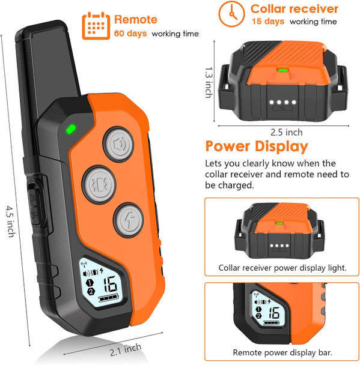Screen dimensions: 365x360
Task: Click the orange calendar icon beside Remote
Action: (x=95, y=25)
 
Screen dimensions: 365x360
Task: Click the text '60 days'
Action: (x=130, y=33)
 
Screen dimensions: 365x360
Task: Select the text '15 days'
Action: (x=267, y=22)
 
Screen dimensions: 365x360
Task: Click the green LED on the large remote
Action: (x=70, y=128)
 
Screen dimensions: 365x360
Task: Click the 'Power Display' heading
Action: (x=257, y=146)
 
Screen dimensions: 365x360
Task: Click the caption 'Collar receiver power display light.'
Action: (x=282, y=268)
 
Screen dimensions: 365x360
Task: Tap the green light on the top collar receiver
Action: (x=281, y=70)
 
